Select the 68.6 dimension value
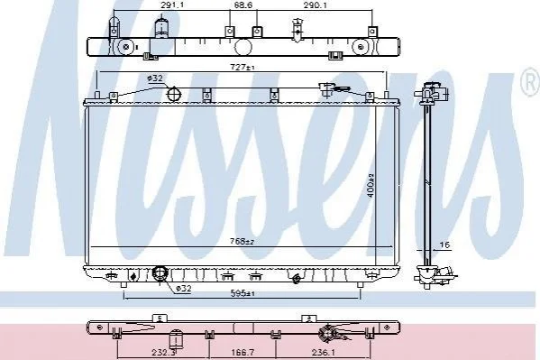tap(243, 5)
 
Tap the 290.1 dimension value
tap(316, 5)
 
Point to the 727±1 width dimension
tap(243, 68)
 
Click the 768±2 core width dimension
tap(242, 242)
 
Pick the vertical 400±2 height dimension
tap(371, 186)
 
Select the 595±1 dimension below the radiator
tap(243, 293)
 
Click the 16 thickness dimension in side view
tap(445, 245)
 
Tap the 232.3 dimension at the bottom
tap(163, 353)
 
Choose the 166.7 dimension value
tap(243, 353)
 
